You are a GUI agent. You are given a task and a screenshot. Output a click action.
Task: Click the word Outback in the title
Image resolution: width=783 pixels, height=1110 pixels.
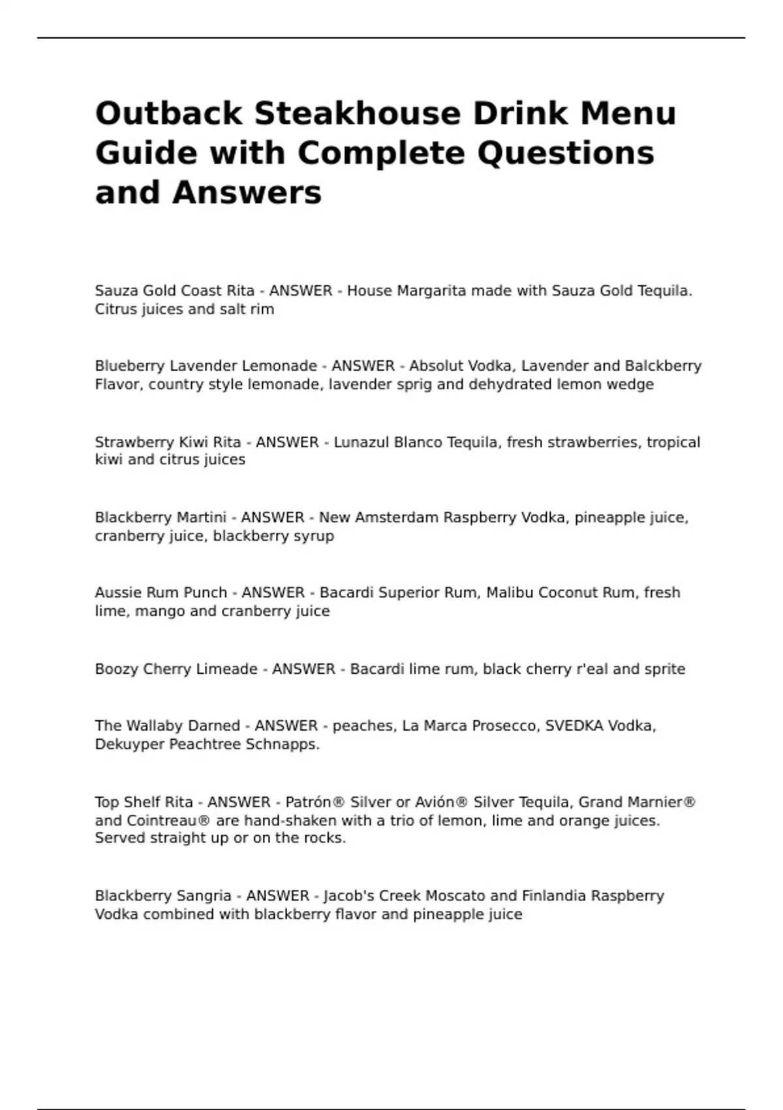coord(168,114)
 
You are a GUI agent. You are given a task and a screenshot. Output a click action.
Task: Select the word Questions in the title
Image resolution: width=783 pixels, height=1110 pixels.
coord(566,153)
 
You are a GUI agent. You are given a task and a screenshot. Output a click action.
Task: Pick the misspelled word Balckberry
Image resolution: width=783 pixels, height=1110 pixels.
coord(663,366)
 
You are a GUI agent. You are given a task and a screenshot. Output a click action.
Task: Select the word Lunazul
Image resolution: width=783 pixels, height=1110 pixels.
coord(361,442)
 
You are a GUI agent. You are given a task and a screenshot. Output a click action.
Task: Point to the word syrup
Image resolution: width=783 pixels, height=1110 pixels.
coord(314,536)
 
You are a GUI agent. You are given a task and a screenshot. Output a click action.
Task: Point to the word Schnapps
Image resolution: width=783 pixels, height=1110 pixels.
coord(282,744)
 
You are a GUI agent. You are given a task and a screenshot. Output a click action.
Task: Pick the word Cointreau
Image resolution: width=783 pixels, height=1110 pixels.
coord(156,821)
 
